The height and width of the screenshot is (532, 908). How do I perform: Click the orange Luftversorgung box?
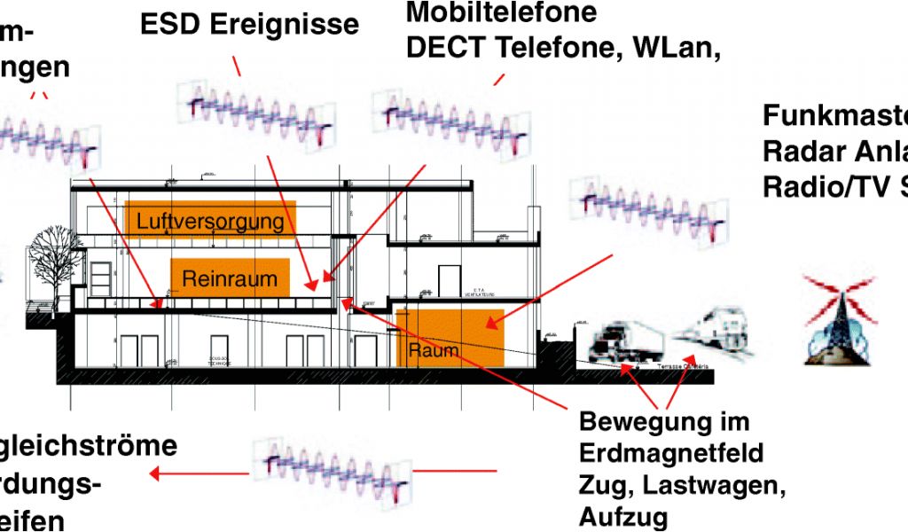pos(210,219)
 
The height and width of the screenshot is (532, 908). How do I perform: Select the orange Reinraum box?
pos(230,278)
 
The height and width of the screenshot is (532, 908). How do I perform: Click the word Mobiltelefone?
pos(501,13)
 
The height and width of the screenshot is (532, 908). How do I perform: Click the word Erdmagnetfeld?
pos(670,453)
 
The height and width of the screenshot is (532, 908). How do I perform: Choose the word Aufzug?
pos(624,517)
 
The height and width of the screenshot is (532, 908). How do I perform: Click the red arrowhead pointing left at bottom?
pos(155,473)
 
